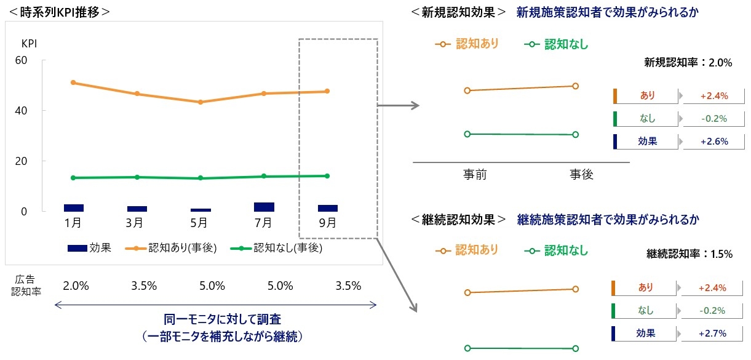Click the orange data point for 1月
[73, 82]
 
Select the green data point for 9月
[327, 176]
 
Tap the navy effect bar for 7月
[264, 207]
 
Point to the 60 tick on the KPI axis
[22, 60]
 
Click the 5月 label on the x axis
[199, 222]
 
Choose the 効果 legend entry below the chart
[89, 248]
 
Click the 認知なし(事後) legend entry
[276, 248]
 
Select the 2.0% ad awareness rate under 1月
[76, 286]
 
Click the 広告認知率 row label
[26, 286]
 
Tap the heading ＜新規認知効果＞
[459, 12]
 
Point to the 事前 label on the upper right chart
[475, 174]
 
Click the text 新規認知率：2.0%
[688, 62]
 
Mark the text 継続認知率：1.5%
[689, 254]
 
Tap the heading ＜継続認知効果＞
[459, 219]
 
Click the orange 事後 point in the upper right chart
[575, 86]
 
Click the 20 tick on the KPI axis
[22, 161]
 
